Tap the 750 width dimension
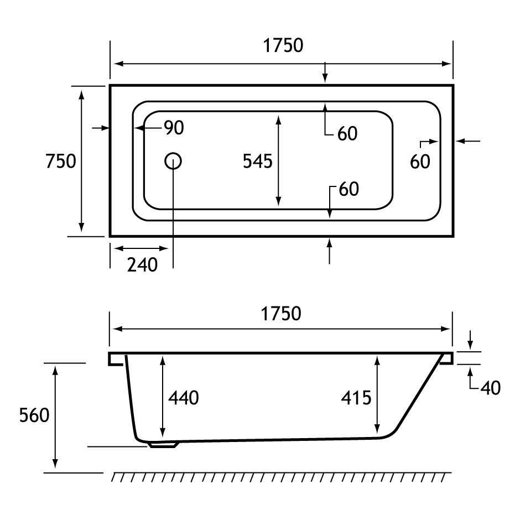coord(61,161)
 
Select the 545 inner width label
coord(258,161)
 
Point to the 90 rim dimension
coord(173,128)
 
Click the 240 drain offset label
coord(142,265)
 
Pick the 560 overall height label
coord(35,415)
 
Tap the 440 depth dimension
coord(183,397)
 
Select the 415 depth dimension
coord(356,397)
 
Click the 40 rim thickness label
coord(490,388)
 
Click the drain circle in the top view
coord(173,161)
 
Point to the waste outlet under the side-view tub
coord(163,444)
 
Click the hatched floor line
coord(281,477)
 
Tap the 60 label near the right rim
coord(420,162)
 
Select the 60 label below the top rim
coord(347,133)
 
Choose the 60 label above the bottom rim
coord(349,189)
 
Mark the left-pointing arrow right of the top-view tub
coord(469,142)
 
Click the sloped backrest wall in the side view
coord(418,396)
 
